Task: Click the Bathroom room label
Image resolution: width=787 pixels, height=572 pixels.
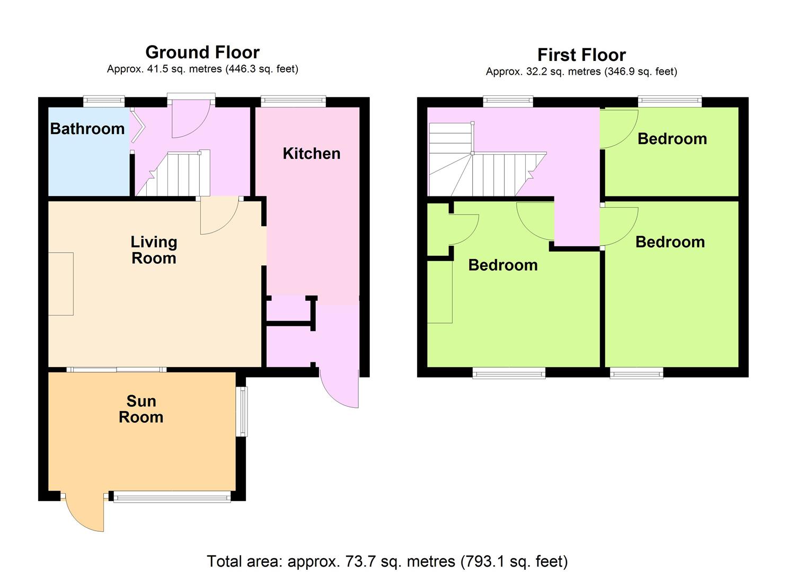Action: pyautogui.click(x=87, y=129)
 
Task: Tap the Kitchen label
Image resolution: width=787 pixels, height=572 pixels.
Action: pyautogui.click(x=312, y=154)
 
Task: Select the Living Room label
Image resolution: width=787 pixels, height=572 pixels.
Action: pyautogui.click(x=154, y=250)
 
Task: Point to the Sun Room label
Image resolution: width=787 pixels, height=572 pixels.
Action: pyautogui.click(x=141, y=409)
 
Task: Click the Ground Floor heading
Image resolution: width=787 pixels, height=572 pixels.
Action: pyautogui.click(x=202, y=52)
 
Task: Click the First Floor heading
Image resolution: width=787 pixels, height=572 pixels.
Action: pyautogui.click(x=581, y=55)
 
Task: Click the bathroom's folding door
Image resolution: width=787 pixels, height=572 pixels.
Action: pyautogui.click(x=137, y=127)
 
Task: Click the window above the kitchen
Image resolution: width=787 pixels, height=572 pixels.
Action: pyautogui.click(x=293, y=102)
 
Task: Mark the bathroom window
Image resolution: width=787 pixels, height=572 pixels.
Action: pyautogui.click(x=104, y=102)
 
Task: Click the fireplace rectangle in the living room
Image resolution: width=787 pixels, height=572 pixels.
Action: pyautogui.click(x=61, y=284)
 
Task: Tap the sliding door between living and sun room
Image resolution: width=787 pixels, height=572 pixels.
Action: pyautogui.click(x=116, y=369)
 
